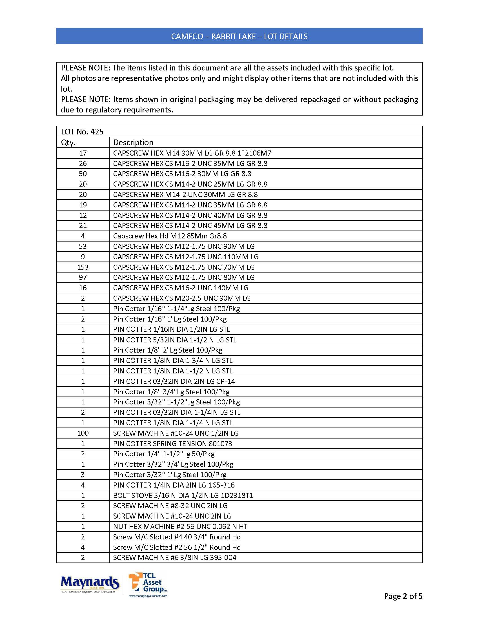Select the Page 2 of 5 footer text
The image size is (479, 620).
click(x=403, y=596)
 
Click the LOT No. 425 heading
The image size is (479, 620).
click(x=82, y=132)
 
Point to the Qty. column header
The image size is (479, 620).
click(x=68, y=143)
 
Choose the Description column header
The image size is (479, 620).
click(x=133, y=143)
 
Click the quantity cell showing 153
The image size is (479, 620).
click(x=83, y=267)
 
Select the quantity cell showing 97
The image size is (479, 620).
click(x=83, y=277)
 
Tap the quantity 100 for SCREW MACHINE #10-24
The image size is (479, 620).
click(x=83, y=433)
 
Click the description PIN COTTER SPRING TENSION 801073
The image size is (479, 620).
click(x=172, y=444)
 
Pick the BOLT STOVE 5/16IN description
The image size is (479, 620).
click(x=183, y=495)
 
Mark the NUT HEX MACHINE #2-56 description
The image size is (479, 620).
click(x=180, y=527)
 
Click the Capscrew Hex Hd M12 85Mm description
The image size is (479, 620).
click(x=170, y=236)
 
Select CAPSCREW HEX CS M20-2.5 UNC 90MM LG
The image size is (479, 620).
click(x=182, y=298)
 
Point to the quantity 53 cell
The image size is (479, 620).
click(x=83, y=246)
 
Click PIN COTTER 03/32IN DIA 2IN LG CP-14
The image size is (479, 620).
click(x=174, y=381)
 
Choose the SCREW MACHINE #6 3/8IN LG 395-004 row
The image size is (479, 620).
click(x=174, y=557)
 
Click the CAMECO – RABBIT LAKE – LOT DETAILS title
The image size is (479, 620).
click(x=239, y=36)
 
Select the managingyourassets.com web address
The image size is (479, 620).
click(x=148, y=596)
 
